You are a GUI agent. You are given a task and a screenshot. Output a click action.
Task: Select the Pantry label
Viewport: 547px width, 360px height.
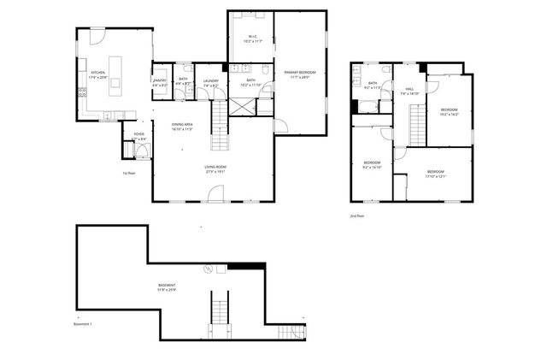click(x=160, y=83)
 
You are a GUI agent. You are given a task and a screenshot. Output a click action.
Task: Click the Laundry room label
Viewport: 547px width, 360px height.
click(x=210, y=83)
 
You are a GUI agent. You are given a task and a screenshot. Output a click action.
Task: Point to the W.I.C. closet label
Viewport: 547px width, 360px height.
click(x=250, y=39)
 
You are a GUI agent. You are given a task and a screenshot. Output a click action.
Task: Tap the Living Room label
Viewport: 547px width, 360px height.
click(x=215, y=168)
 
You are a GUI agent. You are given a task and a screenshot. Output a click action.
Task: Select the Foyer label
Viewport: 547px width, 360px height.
click(x=138, y=136)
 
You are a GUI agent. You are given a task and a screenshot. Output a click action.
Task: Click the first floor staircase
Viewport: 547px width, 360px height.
click(x=221, y=125)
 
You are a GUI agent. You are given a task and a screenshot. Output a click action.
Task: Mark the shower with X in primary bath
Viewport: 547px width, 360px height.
click(x=244, y=107)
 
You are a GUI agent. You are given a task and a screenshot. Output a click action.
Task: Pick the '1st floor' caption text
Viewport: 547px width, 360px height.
click(x=130, y=173)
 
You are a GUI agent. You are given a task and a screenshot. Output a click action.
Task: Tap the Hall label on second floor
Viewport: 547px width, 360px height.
click(x=409, y=91)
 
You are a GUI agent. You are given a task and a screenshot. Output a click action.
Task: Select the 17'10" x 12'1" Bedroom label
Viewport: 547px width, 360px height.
click(x=436, y=174)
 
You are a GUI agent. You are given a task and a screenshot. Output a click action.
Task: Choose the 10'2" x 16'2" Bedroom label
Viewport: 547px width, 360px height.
click(x=450, y=112)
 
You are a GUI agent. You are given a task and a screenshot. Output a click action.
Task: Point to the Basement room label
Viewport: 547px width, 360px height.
click(x=167, y=286)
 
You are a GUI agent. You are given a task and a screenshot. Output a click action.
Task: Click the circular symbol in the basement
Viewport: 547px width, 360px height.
click(x=207, y=269)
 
